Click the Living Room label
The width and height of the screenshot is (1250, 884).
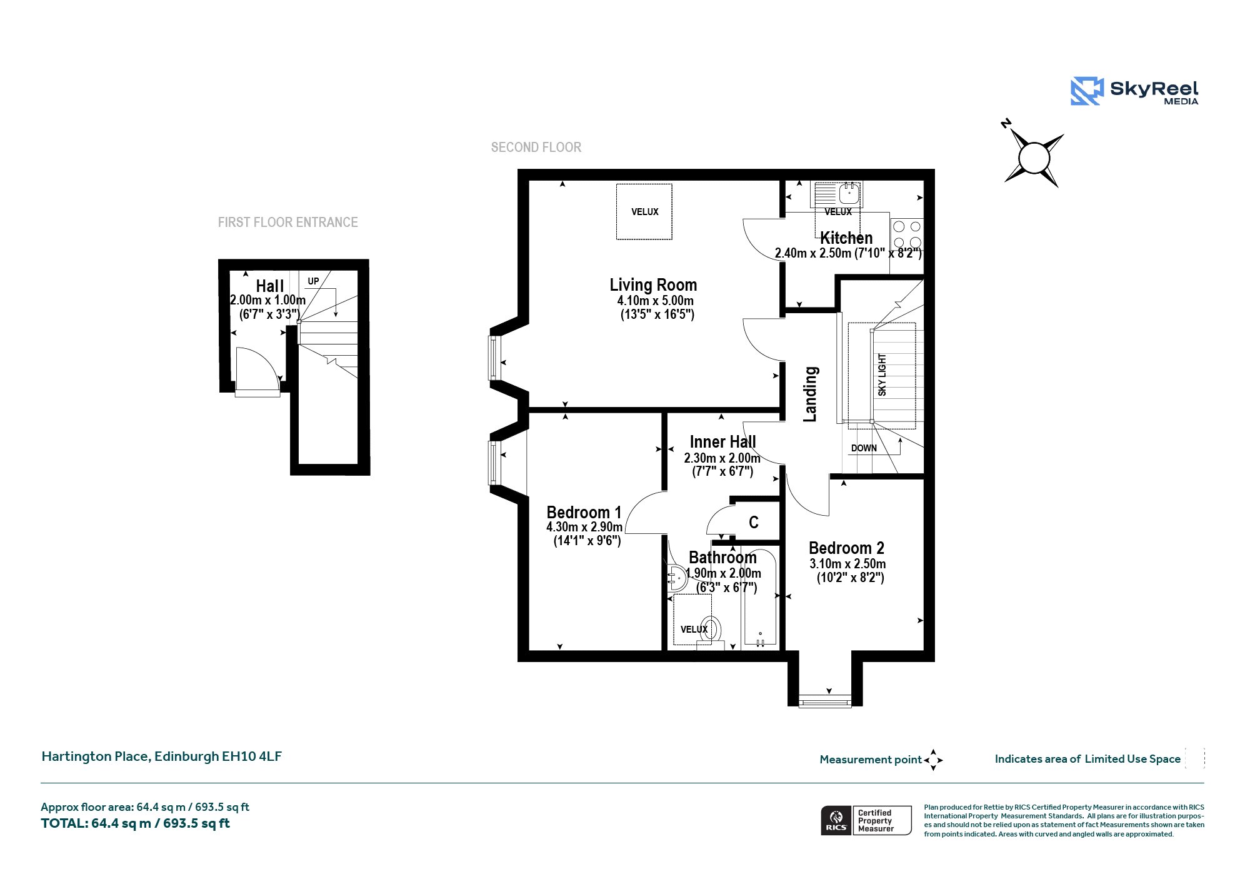tap(653, 285)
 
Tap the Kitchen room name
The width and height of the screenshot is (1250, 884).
tap(846, 238)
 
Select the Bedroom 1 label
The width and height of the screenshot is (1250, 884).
tap(584, 513)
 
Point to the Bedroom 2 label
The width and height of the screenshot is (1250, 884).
tap(846, 548)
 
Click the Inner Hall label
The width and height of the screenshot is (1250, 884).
tap(722, 442)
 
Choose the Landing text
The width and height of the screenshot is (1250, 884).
tap(810, 394)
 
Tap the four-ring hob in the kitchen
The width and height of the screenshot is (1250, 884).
tap(907, 234)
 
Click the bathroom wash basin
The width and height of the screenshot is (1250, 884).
tap(677, 578)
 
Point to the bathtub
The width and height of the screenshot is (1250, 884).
tap(759, 597)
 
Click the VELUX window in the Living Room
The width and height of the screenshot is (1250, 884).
tap(644, 212)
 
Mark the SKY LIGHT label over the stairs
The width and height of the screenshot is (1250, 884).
tap(882, 375)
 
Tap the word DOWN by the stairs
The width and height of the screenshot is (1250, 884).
tap(864, 448)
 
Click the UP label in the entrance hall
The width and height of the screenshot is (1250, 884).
tap(313, 281)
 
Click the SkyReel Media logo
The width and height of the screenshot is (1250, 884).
tap(1134, 92)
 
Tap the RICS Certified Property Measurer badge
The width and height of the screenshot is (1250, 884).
tap(866, 821)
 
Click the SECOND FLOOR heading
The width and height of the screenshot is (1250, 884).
tap(536, 148)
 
